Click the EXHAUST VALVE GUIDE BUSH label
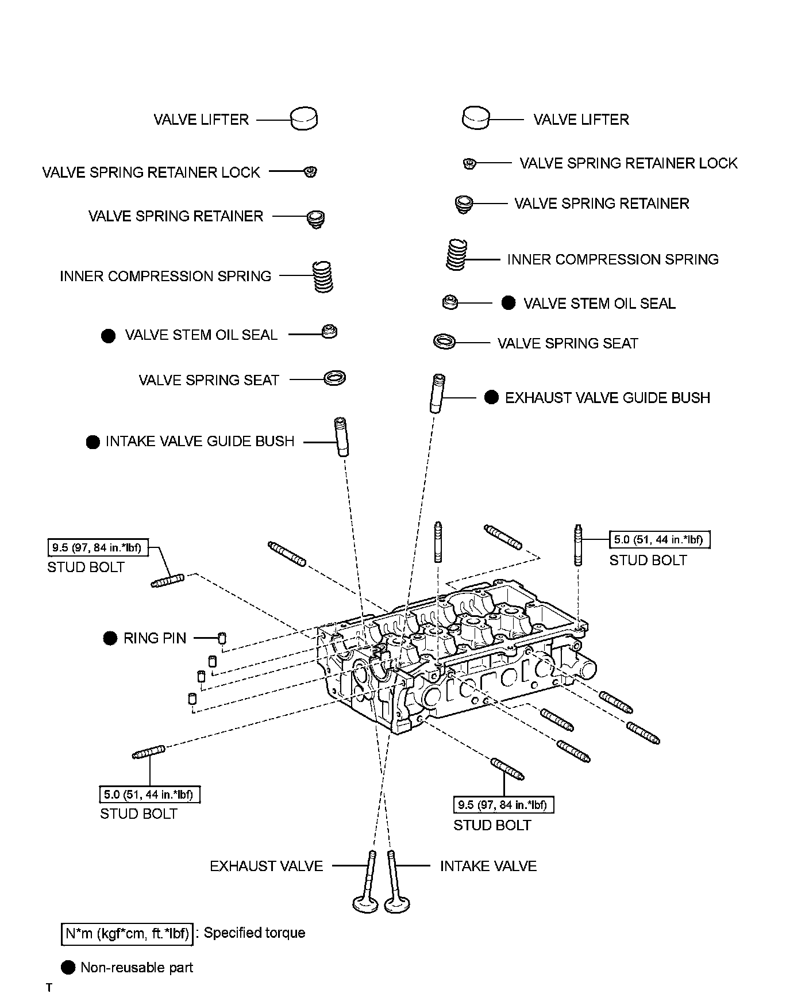pos(607,398)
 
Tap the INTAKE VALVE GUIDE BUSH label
pos(199,442)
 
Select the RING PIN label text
pos(155,638)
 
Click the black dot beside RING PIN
pos(110,638)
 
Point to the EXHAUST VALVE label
pos(266,866)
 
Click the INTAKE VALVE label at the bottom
pos(488,866)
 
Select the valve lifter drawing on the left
pos(303,119)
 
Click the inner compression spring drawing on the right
pos(457,255)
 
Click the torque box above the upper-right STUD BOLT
pos(660,539)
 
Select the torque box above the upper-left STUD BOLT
pos(97,547)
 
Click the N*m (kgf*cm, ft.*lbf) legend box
pos(127,933)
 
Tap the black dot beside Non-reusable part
pos(68,968)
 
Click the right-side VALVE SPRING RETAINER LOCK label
pos(628,163)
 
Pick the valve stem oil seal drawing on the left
pos(330,332)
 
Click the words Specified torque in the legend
pos(254,933)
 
